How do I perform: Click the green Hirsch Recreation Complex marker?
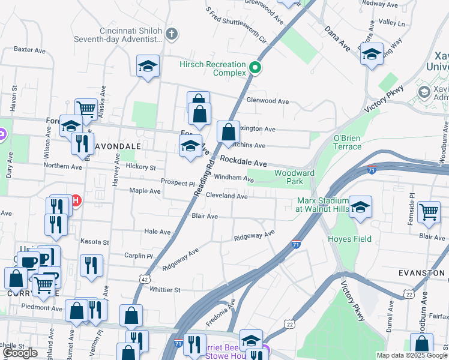[x=255, y=67]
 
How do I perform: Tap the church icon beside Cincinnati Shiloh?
[x=172, y=33]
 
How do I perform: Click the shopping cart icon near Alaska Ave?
[x=86, y=109]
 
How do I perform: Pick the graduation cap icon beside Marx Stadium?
[x=360, y=207]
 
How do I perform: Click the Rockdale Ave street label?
[x=243, y=162]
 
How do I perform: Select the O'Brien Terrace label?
[x=347, y=142]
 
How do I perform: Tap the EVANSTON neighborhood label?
[x=422, y=272]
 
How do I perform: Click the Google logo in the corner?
[x=20, y=353]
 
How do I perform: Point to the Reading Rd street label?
[x=204, y=178]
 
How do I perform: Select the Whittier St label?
[x=165, y=290]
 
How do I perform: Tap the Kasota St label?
[x=95, y=242]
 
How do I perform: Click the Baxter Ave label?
[x=30, y=49]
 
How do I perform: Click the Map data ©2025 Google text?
[x=412, y=355]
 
